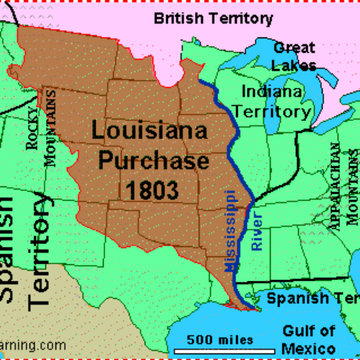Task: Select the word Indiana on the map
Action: [273, 91]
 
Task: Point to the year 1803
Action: [153, 189]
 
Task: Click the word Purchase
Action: [153, 161]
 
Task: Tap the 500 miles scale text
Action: [220, 339]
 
